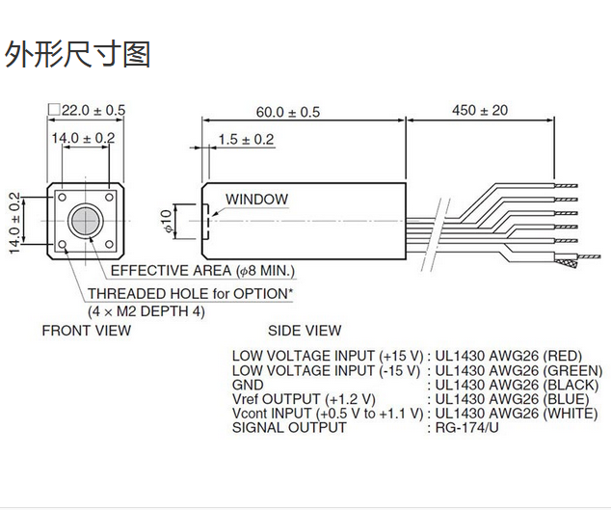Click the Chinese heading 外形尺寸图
pyautogui.click(x=78, y=54)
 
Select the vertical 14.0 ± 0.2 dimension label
pyautogui.click(x=14, y=221)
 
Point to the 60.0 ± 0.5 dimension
pyautogui.click(x=287, y=112)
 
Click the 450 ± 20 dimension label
pyautogui.click(x=479, y=111)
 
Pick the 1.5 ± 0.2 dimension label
pyautogui.click(x=246, y=140)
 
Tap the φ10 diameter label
pyautogui.click(x=165, y=221)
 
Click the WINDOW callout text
pyautogui.click(x=256, y=201)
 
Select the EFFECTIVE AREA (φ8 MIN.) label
pyautogui.click(x=203, y=271)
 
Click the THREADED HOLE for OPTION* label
pyautogui.click(x=191, y=293)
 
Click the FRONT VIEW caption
pyautogui.click(x=86, y=331)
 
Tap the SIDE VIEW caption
pyautogui.click(x=304, y=331)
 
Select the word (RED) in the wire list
pyautogui.click(x=563, y=355)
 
